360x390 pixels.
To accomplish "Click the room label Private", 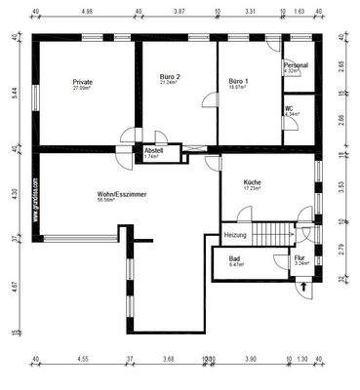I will pyautogui.click(x=83, y=82).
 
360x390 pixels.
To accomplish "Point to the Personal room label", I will pyautogui.click(x=296, y=65).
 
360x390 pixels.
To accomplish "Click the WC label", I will pyautogui.click(x=289, y=108).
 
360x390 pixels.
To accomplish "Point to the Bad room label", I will pyautogui.click(x=235, y=257).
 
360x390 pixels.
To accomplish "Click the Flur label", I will pyautogui.click(x=300, y=257).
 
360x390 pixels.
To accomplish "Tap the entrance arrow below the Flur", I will pyautogui.click(x=304, y=287).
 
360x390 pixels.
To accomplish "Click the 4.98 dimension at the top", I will pyautogui.click(x=87, y=13).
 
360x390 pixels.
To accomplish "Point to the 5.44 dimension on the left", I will pyautogui.click(x=13, y=92).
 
